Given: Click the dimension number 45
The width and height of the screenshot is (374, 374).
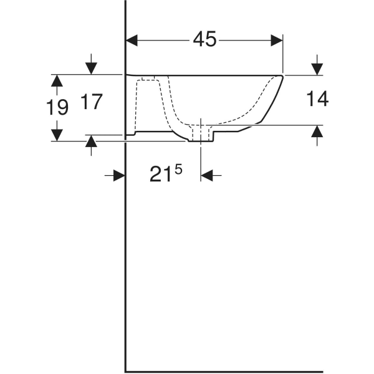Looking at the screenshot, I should point(204,39).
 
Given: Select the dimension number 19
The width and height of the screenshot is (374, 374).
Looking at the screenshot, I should point(57,108).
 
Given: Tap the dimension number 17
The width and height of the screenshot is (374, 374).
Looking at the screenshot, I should point(91,102).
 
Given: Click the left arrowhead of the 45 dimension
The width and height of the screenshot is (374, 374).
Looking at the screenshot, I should point(132,40).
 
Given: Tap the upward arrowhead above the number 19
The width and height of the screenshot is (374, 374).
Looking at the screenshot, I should point(57,80).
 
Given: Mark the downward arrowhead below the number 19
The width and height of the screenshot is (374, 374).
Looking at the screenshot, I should point(57,135).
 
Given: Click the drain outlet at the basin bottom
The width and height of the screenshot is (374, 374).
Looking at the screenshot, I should point(200,135).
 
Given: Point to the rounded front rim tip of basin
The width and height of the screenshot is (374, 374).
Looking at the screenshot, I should point(281,78).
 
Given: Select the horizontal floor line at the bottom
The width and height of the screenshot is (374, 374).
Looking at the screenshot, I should point(224,372).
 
